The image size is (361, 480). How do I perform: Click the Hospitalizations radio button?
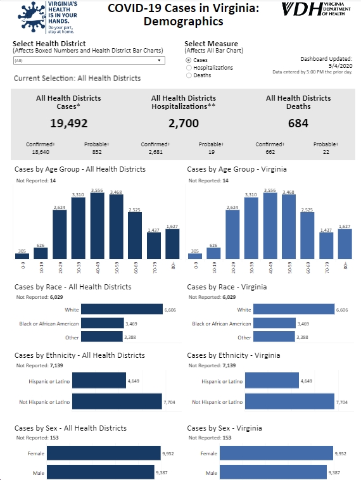(189, 68)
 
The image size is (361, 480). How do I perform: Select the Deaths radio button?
(189, 75)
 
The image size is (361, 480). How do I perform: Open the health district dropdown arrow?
(159, 60)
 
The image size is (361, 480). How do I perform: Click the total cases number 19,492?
(69, 123)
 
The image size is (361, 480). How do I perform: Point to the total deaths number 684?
(298, 123)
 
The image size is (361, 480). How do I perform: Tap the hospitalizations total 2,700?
(184, 123)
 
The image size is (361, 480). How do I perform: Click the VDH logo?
(316, 9)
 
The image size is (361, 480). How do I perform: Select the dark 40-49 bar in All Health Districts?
(97, 226)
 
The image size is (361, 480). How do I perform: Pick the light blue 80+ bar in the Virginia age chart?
(345, 244)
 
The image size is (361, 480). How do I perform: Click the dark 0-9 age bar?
(22, 256)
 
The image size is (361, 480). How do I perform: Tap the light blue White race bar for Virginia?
(294, 309)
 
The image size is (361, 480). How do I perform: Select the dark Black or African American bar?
(103, 323)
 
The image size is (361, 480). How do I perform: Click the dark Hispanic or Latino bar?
(99, 381)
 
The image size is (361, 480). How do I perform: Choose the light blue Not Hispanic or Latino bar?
(289, 401)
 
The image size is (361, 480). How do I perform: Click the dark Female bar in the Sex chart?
(104, 453)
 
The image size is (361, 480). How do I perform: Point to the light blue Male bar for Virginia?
(273, 472)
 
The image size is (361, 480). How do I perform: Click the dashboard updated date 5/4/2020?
(341, 65)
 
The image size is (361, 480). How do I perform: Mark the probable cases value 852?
(97, 152)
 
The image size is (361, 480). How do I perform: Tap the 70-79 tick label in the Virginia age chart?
(327, 267)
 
